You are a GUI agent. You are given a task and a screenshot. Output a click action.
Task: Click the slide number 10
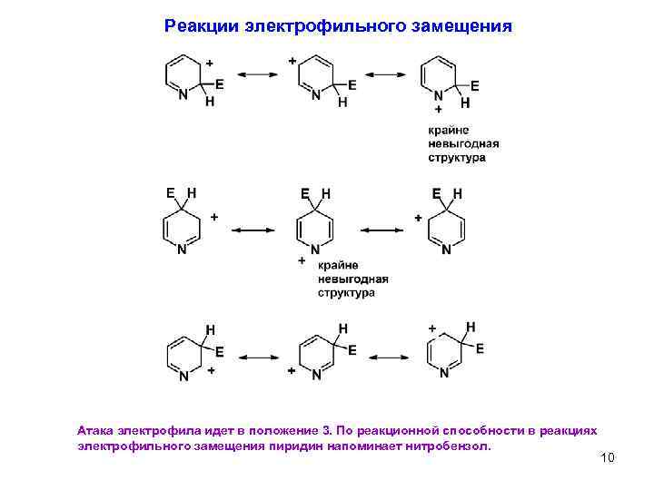click(x=608, y=457)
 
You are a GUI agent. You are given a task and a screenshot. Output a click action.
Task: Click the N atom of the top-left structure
click(x=182, y=93)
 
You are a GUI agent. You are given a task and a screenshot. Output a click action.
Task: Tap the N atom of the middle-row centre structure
click(x=315, y=250)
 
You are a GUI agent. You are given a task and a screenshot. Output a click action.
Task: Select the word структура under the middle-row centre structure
click(x=347, y=293)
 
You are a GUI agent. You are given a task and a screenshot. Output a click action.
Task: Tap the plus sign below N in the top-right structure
click(x=439, y=109)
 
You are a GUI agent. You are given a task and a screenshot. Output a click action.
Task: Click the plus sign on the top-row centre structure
click(x=292, y=60)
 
